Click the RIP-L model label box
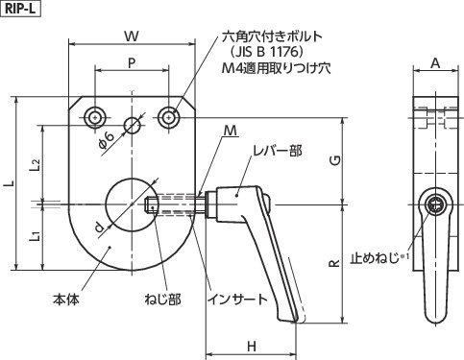(x=19, y=9)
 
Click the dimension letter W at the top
(x=131, y=36)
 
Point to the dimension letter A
(x=434, y=63)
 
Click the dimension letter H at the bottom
(x=251, y=345)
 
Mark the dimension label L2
(x=34, y=163)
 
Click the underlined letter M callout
(x=231, y=130)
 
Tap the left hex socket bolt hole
(x=94, y=117)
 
